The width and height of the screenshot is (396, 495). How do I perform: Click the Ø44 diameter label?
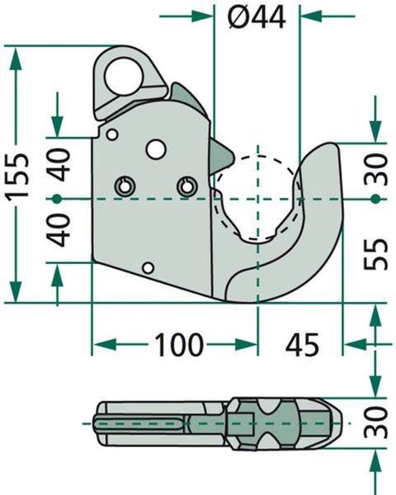pyautogui.click(x=257, y=17)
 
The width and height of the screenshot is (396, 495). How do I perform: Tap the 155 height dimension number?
pyautogui.click(x=18, y=177)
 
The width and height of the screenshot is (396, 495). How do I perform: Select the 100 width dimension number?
pyautogui.click(x=178, y=344)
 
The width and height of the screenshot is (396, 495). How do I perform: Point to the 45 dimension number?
pyautogui.click(x=302, y=344)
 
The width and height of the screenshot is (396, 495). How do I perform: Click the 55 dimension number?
pyautogui.click(x=375, y=254)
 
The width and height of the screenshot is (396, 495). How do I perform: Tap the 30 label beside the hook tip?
pyautogui.click(x=375, y=169)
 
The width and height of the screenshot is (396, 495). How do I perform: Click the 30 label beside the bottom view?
pyautogui.click(x=375, y=422)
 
